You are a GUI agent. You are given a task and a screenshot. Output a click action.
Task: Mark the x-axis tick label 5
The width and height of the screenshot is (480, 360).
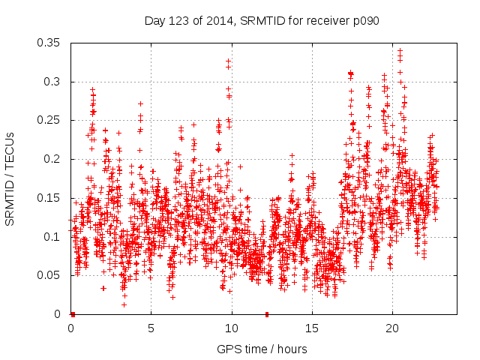(151, 328)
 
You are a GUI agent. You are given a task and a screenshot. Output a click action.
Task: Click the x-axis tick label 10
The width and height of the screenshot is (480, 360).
(232, 328)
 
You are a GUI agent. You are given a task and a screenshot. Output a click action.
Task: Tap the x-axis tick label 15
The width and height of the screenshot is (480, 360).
(312, 328)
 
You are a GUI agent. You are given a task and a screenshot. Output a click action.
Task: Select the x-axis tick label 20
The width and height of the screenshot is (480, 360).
(392, 328)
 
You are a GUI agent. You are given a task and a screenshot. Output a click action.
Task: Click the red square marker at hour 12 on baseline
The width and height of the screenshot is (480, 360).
(267, 313)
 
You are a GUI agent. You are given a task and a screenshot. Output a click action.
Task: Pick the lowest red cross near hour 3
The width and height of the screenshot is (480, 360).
(124, 304)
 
